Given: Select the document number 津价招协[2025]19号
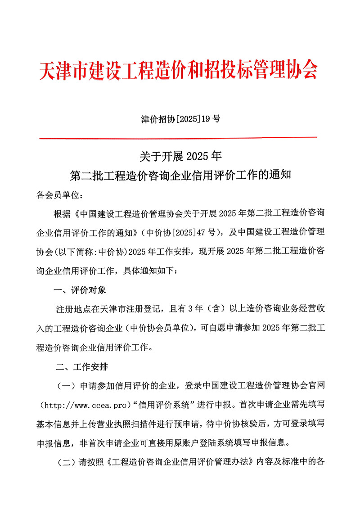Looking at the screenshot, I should coord(180,119).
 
